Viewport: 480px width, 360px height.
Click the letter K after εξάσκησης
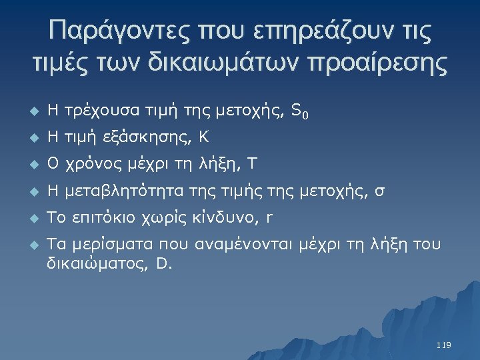204,139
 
